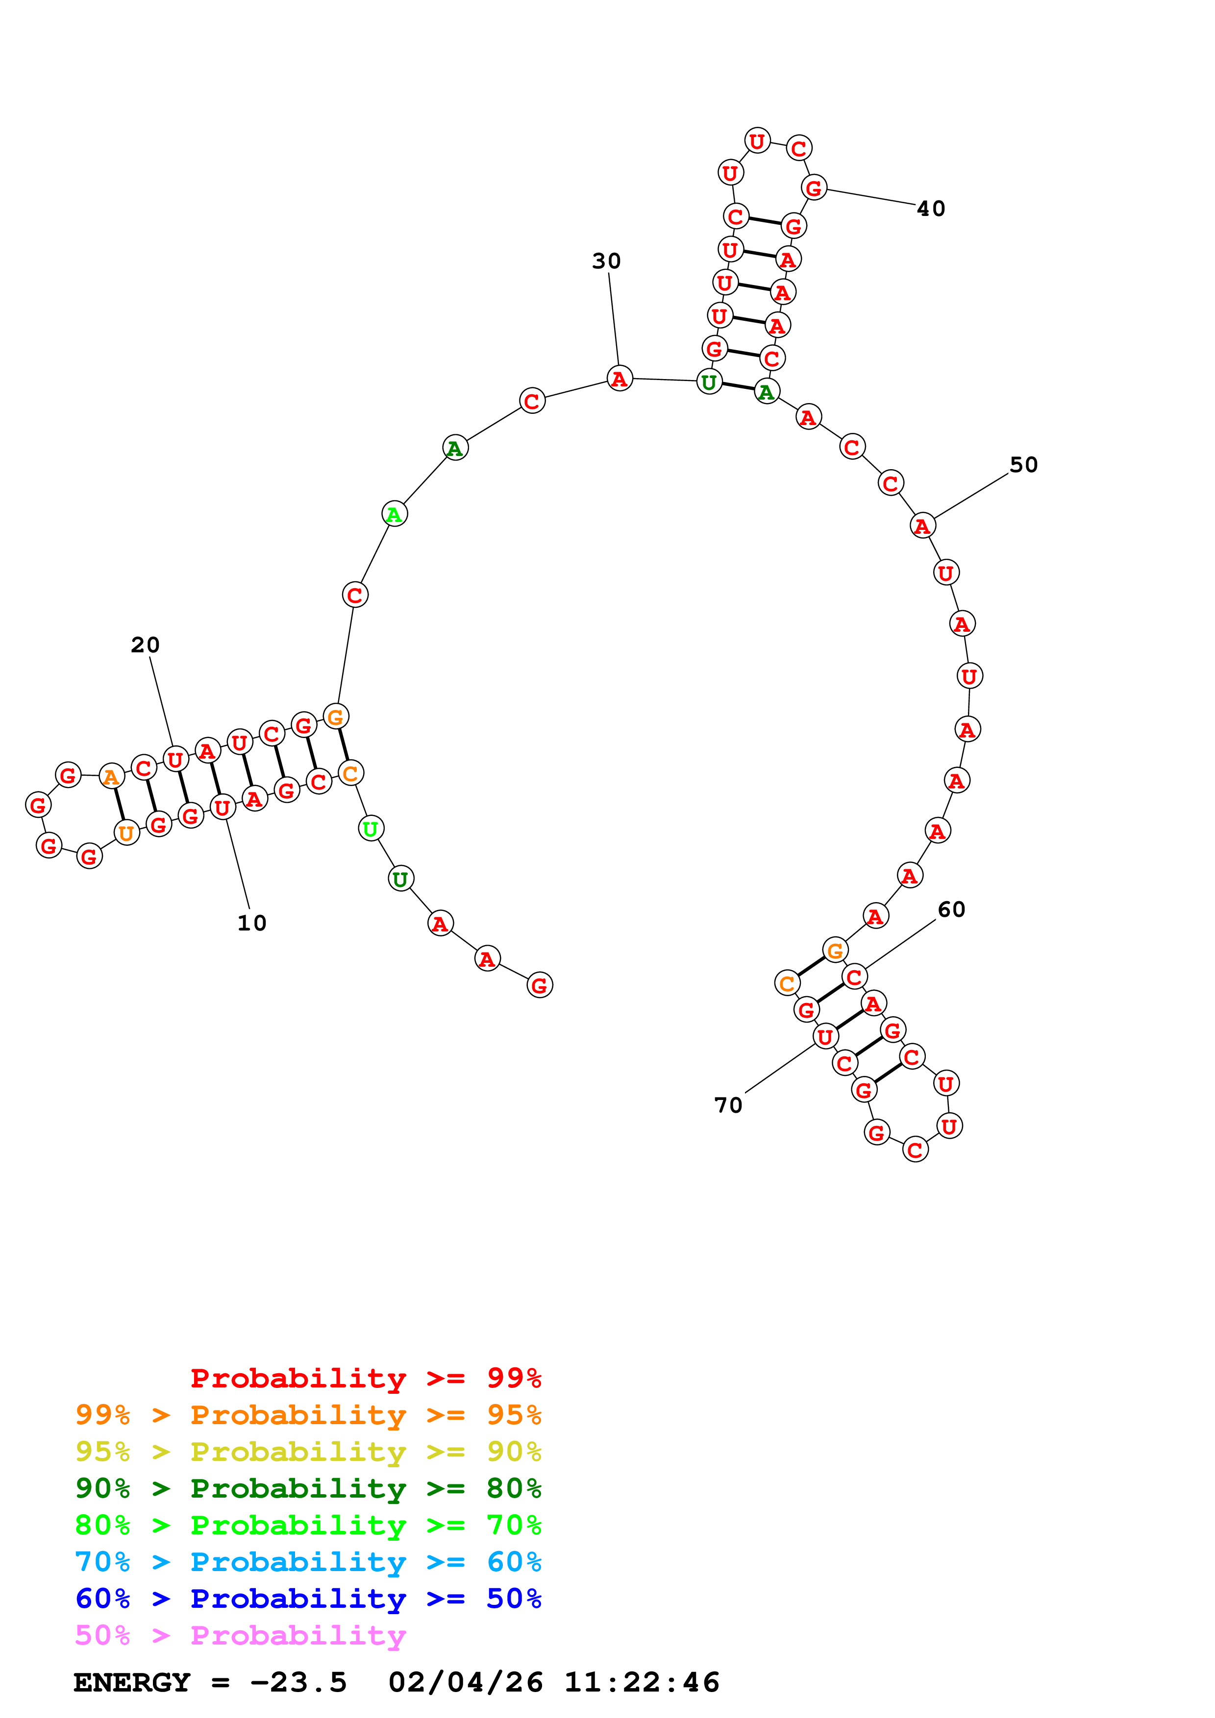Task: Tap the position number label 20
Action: click(145, 644)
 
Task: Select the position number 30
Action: click(606, 261)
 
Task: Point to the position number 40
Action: click(931, 208)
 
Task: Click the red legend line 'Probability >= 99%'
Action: click(366, 1378)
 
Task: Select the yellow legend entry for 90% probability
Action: click(308, 1451)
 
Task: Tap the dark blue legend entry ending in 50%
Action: click(308, 1599)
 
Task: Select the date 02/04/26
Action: click(466, 1682)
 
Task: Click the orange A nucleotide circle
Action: click(112, 777)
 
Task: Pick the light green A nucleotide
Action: click(395, 514)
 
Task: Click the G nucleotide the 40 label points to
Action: click(814, 187)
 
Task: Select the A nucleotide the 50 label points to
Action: click(922, 526)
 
